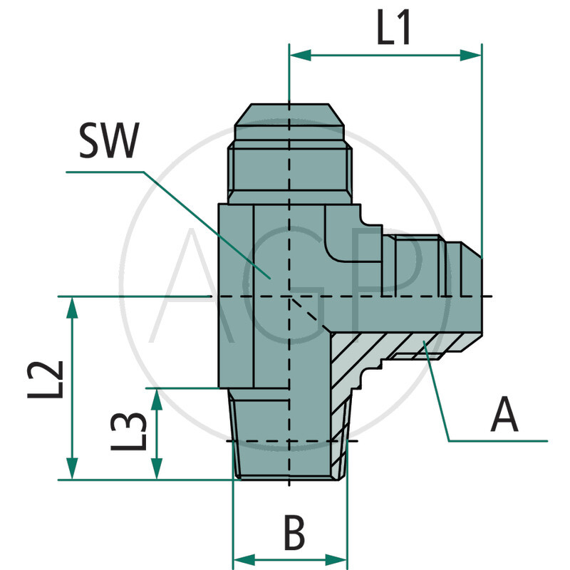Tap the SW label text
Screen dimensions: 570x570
point(109,142)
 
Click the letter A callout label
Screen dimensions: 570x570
point(504,416)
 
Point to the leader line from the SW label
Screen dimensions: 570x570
point(207,221)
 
